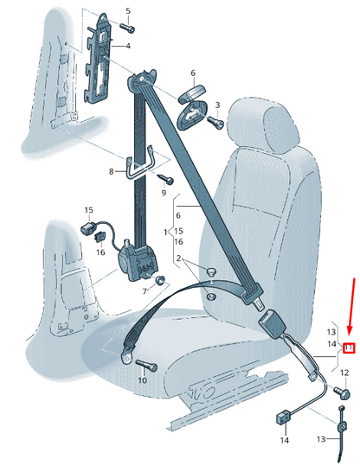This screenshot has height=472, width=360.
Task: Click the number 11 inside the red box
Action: pos(350,348)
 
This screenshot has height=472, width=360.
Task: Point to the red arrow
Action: pos(351,309)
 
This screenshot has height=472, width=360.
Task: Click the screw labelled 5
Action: pos(127,28)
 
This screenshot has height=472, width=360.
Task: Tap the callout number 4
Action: pos(128,46)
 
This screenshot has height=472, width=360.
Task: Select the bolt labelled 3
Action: pos(215,122)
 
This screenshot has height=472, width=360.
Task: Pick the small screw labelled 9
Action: pos(166,179)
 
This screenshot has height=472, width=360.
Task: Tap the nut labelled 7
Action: pos(160,280)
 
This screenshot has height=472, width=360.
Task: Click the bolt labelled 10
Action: pos(147,365)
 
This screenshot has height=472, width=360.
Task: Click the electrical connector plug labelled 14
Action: pos(283,418)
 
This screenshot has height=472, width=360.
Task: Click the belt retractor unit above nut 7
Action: pos(137,258)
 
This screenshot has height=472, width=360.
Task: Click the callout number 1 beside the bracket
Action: pos(165,232)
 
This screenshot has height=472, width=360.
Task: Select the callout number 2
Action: pos(178,258)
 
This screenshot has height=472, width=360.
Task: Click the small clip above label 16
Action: pos(100,237)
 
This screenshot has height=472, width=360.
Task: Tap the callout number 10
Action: pos(143,380)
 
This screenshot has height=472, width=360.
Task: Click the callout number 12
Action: pos(344,373)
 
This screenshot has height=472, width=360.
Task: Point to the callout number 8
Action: pos(111,171)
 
